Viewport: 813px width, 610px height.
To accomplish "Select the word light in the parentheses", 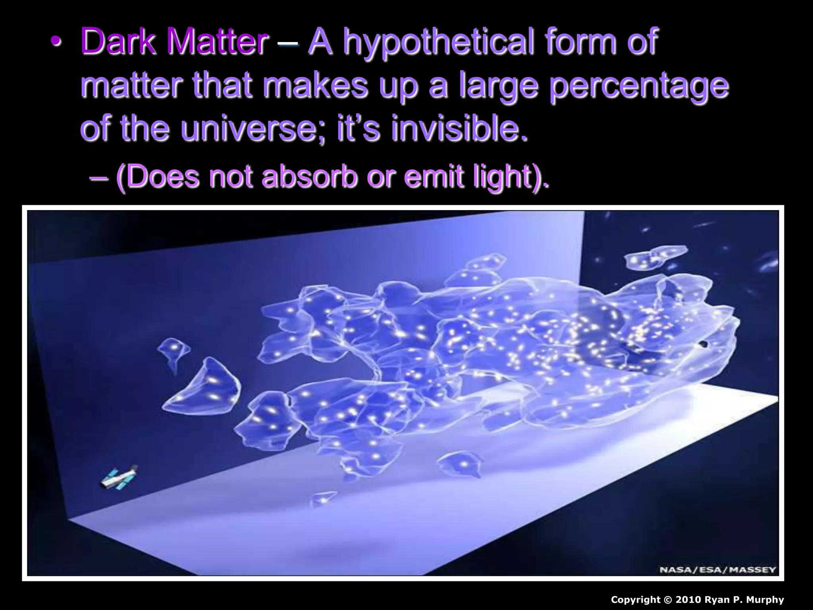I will click(502, 178).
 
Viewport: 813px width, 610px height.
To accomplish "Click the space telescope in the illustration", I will click(119, 478).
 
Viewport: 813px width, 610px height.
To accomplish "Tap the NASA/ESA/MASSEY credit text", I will click(717, 569).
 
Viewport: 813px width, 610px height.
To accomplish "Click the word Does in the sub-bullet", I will click(163, 177).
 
